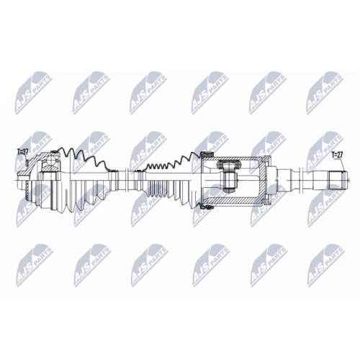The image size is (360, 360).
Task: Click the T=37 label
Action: coord(23,152)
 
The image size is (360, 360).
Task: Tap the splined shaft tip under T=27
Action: coord(338,179)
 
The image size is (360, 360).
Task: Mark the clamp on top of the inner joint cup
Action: coord(208,152)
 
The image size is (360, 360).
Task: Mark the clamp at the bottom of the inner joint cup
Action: coord(208,207)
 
